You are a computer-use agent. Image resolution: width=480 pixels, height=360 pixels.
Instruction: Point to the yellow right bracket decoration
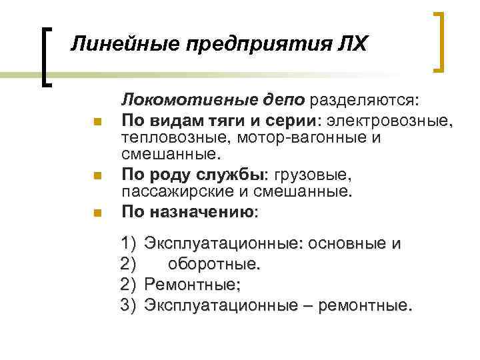441,41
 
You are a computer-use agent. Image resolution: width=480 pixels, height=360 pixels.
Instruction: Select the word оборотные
213,265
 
